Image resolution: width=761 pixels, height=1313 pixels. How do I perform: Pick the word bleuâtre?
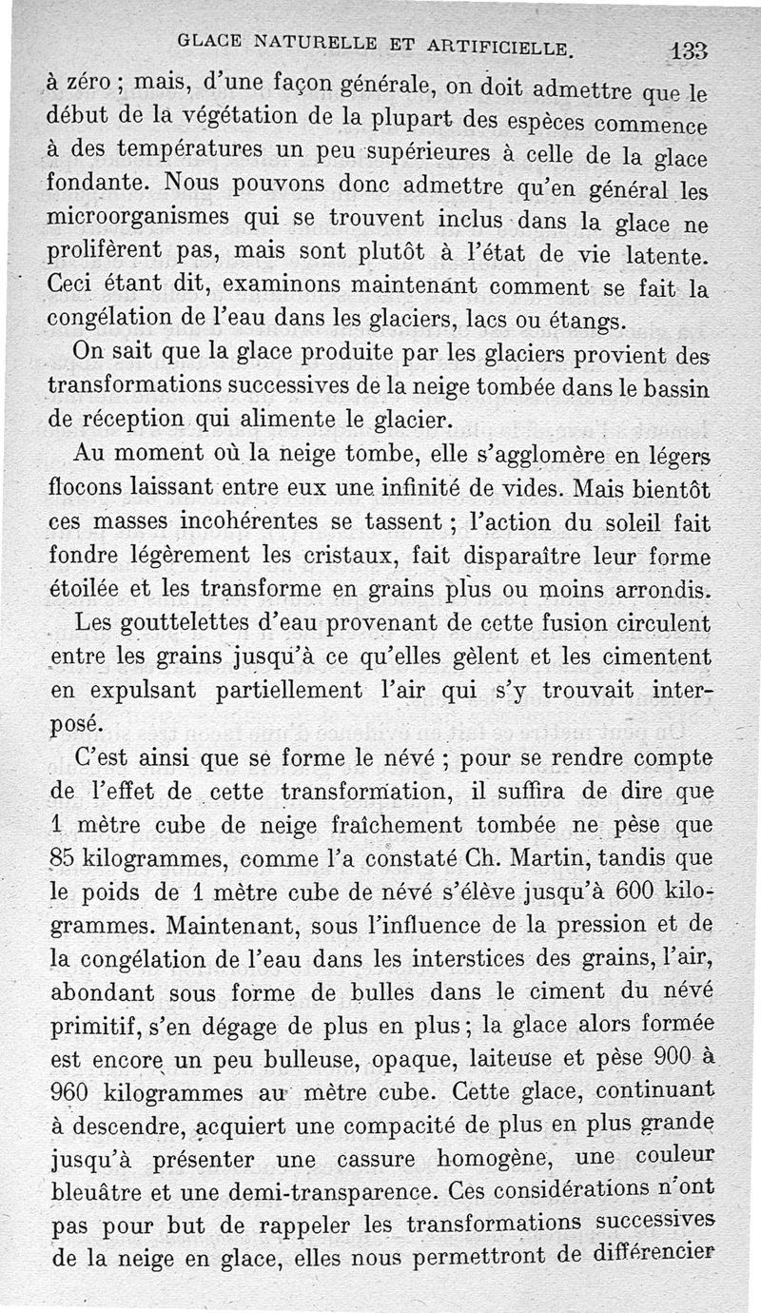(x=93, y=1192)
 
